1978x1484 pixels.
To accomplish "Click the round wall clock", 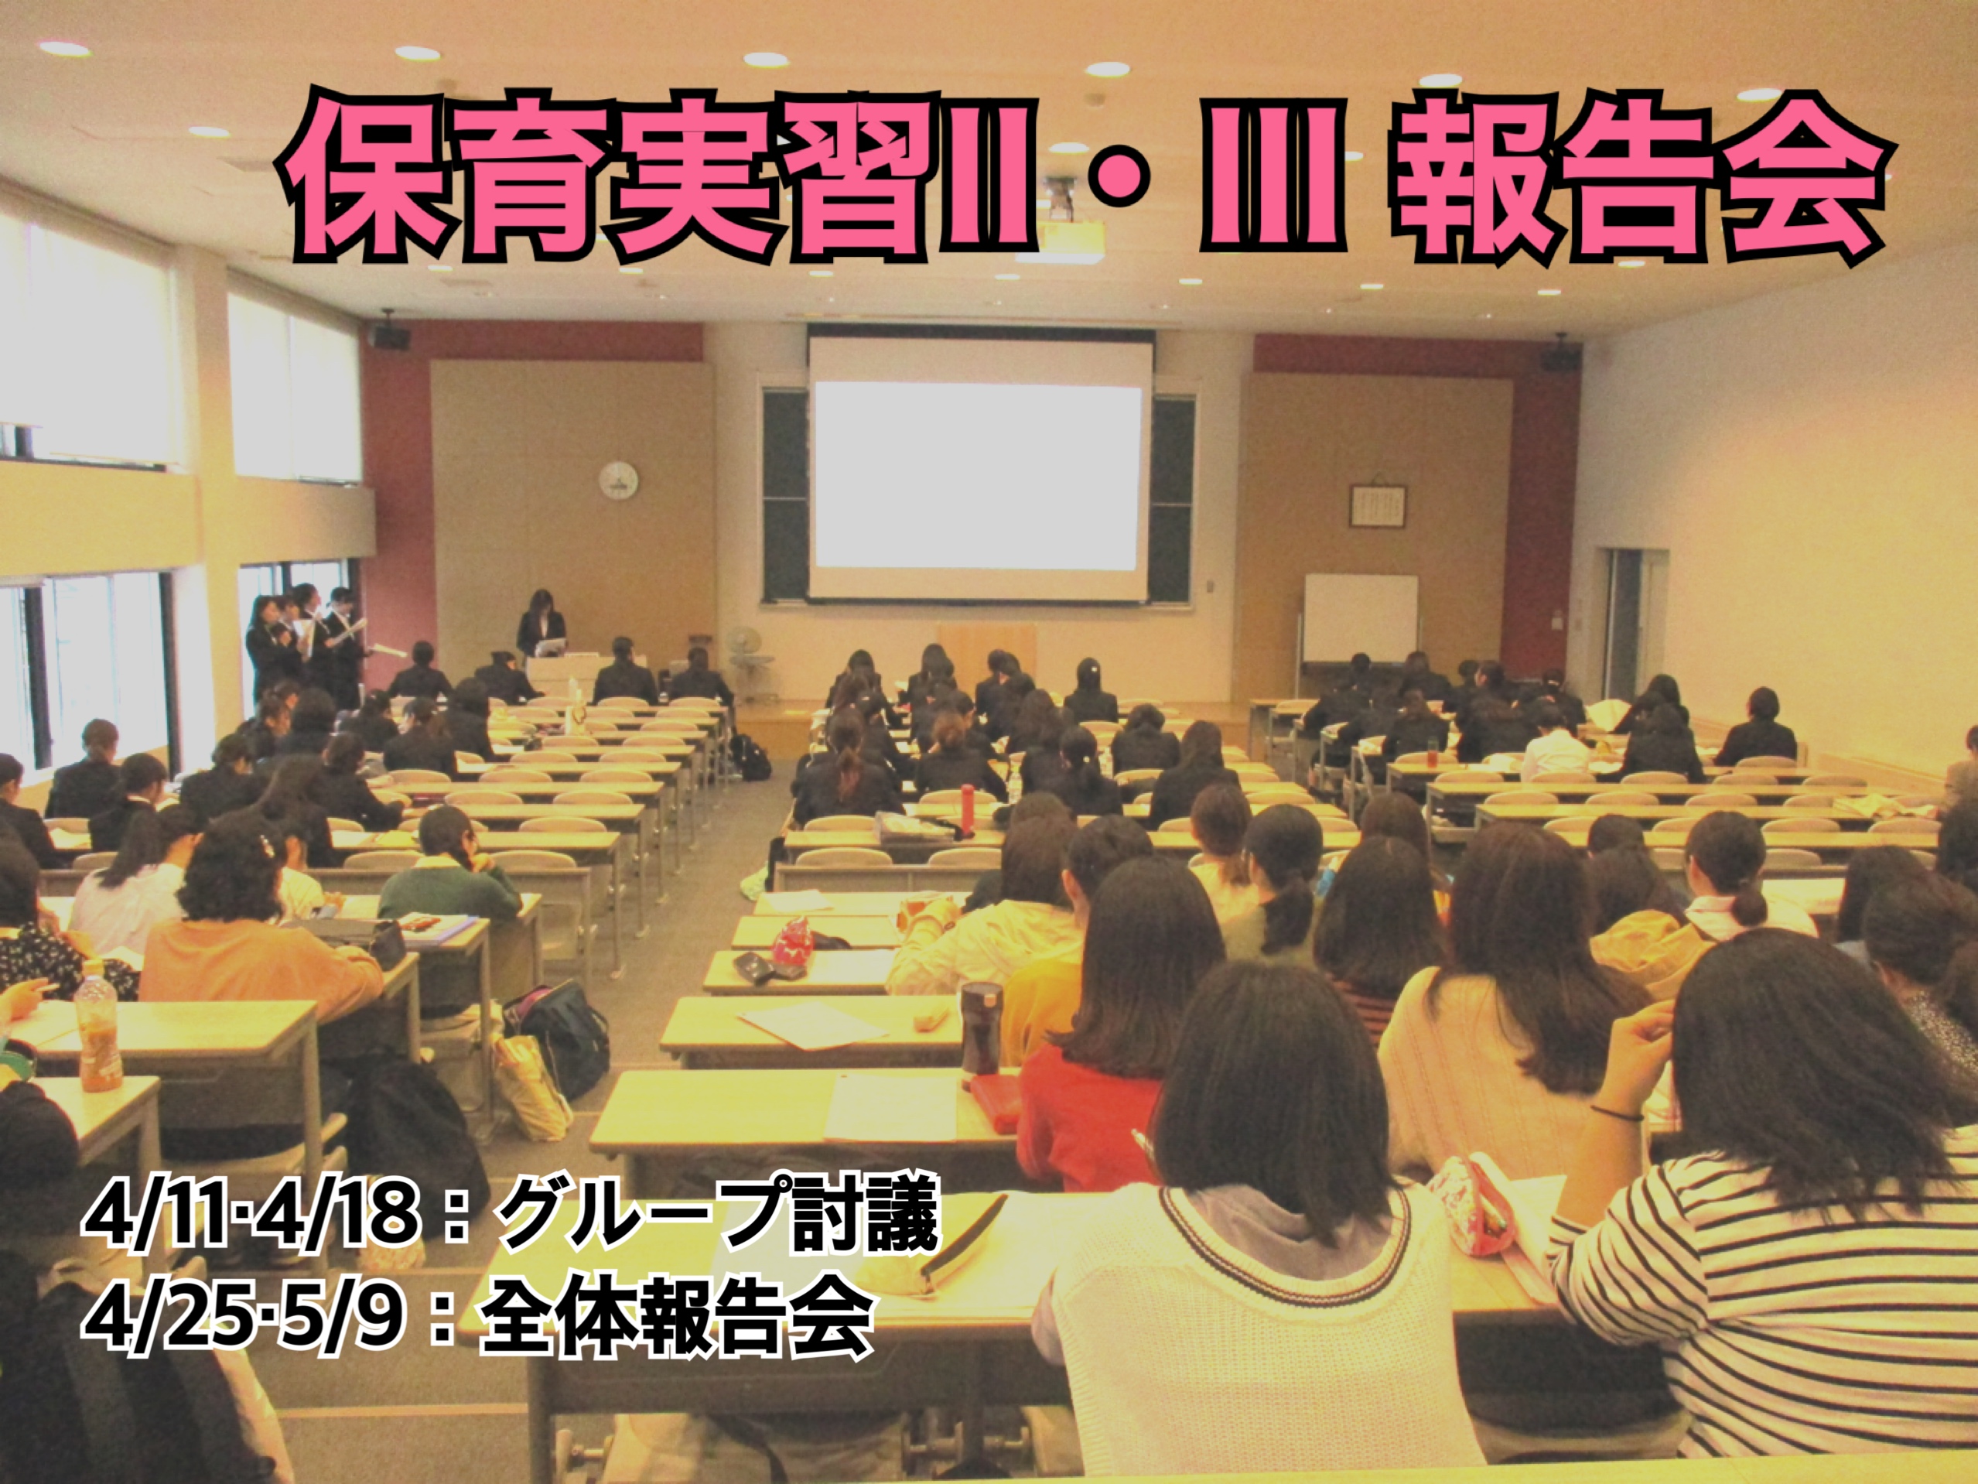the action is coord(618,480).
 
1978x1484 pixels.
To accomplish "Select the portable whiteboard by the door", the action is coord(1360,618).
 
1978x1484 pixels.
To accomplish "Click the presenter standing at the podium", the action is coord(541,624).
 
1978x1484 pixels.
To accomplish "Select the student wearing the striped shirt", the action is coord(1779,1234).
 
